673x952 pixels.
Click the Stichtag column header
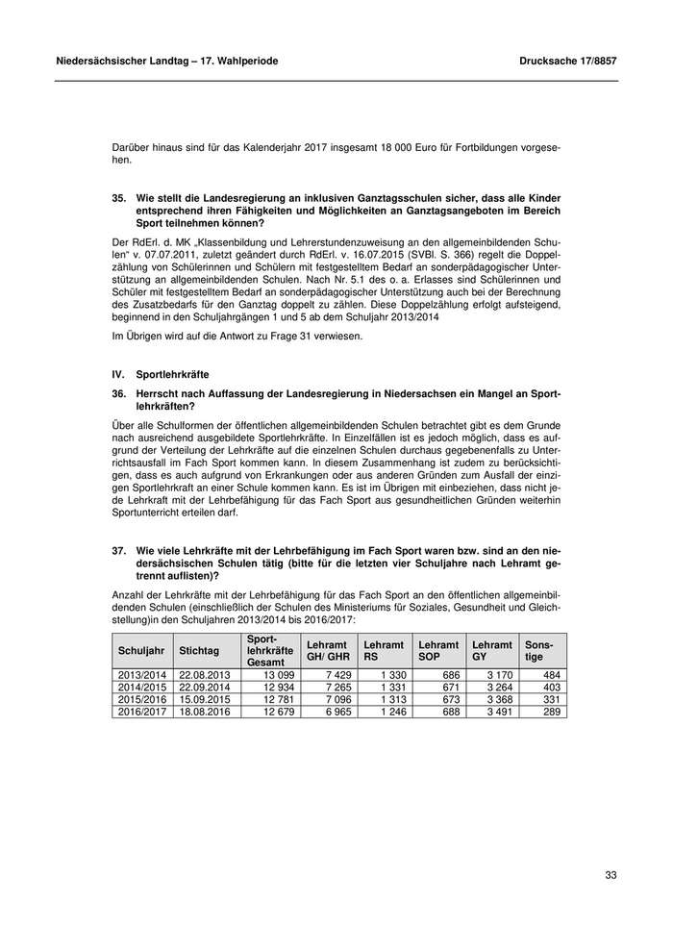coord(199,651)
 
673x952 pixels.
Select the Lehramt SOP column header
coord(438,651)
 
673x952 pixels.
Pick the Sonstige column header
coord(534,651)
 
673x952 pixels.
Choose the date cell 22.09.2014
coord(204,688)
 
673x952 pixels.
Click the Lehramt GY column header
coord(491,651)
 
